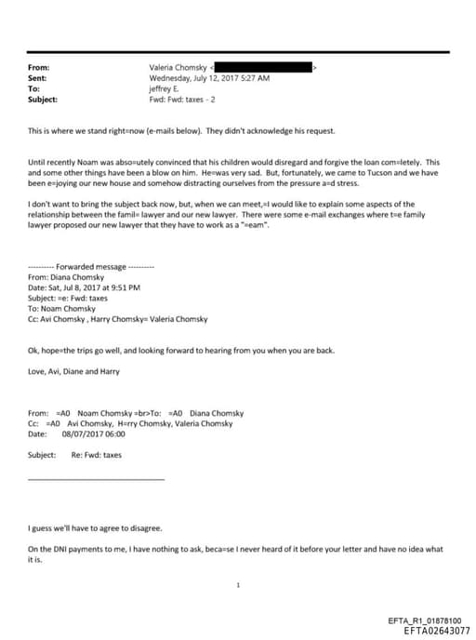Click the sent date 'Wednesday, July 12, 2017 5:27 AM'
(209, 78)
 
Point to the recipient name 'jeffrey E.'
(167, 88)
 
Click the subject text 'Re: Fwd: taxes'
(96, 455)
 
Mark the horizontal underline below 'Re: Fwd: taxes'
(97, 478)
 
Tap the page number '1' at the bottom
(239, 585)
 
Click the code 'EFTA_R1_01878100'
(430, 620)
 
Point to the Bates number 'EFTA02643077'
(430, 631)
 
